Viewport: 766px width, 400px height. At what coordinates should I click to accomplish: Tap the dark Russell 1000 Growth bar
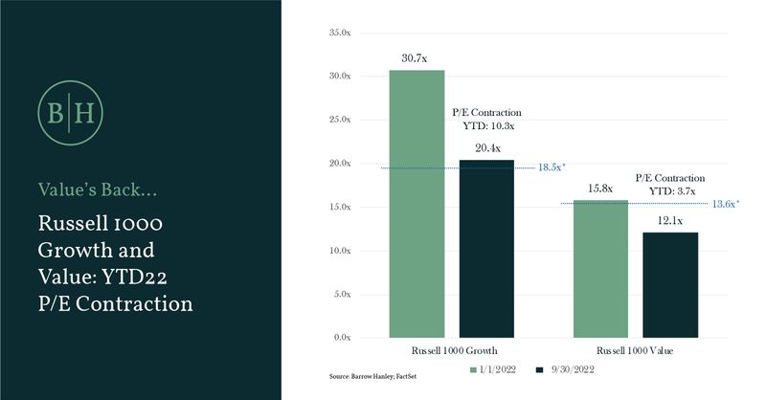tap(486, 248)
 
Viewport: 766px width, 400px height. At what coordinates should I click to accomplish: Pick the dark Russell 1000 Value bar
tap(670, 284)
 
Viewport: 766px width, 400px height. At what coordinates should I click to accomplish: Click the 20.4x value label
tap(486, 149)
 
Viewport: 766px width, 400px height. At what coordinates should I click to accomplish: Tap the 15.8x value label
tap(600, 189)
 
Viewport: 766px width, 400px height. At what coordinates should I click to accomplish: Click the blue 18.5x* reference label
tap(550, 167)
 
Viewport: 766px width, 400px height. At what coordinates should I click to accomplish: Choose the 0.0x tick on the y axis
tap(341, 338)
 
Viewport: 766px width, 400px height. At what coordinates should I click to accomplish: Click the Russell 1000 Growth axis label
tap(452, 352)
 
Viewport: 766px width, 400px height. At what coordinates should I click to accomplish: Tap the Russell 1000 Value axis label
tap(636, 352)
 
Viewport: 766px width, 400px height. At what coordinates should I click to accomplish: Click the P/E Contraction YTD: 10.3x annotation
tap(486, 118)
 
